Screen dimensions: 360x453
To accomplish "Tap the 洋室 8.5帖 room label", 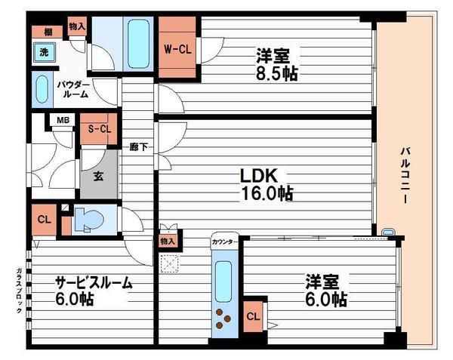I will pos(276,66).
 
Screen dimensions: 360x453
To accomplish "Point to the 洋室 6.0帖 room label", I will pos(326,291).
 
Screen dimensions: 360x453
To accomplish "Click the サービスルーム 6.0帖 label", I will pos(93,291).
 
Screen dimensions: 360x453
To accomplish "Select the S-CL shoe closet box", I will pos(99,129).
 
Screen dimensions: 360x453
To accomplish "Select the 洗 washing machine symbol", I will pos(45,53).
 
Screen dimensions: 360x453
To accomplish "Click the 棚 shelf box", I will pos(48,31).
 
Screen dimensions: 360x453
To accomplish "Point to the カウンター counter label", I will pos(224,242).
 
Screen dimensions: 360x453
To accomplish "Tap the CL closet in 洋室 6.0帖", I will pos(254,315).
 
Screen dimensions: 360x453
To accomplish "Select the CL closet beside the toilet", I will pos(45,220).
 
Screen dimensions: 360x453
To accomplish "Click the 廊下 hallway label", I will pos(138,146).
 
